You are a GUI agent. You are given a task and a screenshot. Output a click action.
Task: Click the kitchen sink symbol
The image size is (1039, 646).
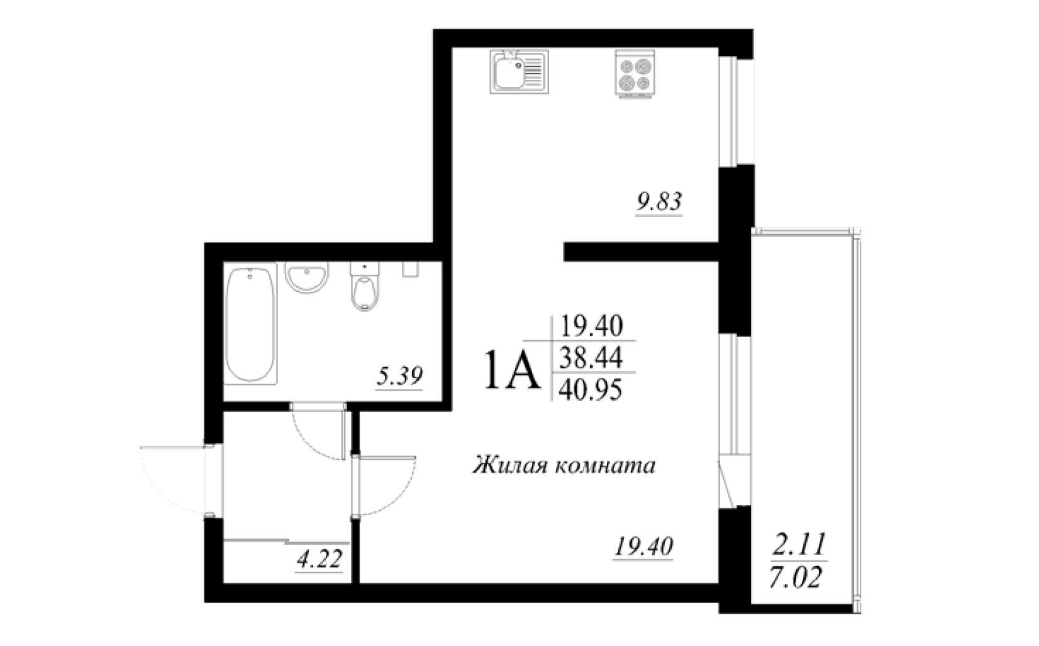pos(519,72)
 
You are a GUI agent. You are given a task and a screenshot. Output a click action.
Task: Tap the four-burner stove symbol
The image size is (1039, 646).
pos(635,74)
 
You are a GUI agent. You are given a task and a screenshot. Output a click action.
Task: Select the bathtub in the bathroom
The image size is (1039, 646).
pos(250,324)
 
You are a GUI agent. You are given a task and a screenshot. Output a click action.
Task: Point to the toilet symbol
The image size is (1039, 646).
pos(365,286)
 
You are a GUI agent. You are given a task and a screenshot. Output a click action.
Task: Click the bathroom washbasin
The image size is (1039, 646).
pos(306,277)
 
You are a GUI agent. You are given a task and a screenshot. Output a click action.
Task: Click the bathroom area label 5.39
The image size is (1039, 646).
pos(399,377)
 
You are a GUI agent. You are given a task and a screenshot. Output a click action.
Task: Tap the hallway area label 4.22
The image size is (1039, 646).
pos(319,559)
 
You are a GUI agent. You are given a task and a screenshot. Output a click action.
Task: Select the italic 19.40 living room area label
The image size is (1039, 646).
pos(643,547)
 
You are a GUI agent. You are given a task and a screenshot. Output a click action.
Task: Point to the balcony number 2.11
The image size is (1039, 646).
pos(799,545)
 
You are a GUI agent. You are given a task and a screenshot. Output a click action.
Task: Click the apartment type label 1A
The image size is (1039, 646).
pos(512,370)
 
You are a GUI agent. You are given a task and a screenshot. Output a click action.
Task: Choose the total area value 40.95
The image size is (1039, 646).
pos(590,389)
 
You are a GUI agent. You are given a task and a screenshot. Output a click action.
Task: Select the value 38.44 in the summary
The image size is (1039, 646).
pos(591,357)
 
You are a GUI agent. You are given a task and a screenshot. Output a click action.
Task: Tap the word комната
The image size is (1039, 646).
pos(605,466)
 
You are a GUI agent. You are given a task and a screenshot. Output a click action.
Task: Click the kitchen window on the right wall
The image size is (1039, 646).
pos(736,111)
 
